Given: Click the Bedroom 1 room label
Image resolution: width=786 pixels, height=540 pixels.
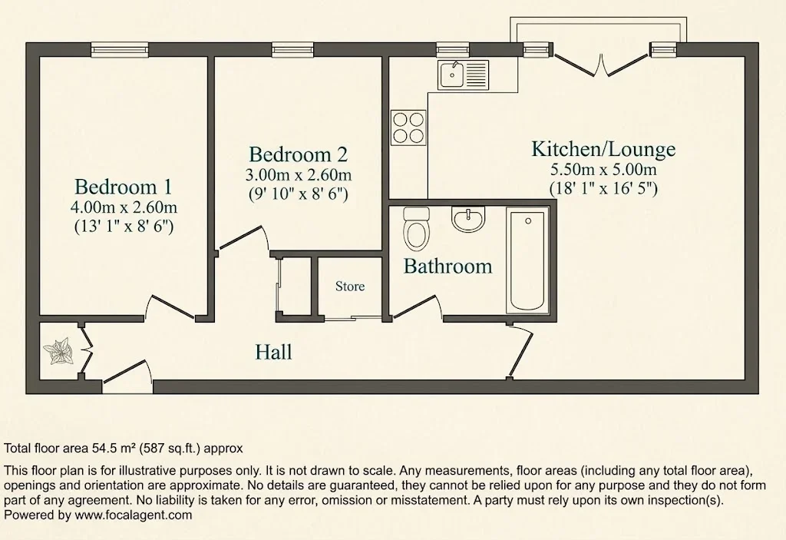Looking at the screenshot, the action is coord(123,187).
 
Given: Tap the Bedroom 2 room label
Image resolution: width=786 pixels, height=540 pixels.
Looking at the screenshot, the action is coord(299,154).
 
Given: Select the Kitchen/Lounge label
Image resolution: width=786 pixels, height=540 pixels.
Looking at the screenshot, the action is coord(603,149).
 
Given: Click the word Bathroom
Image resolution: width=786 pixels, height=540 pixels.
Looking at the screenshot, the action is coord(447,266).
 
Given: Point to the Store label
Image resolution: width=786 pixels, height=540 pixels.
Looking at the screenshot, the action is coord(350,287).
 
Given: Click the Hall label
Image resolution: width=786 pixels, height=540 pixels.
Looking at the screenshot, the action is coord(274,352).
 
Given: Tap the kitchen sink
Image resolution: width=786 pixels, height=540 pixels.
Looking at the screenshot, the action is coord(463,75).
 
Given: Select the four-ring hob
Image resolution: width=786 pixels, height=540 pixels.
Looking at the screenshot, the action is coord(408,128).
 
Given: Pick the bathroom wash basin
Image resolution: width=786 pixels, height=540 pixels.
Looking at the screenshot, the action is coord(469,220).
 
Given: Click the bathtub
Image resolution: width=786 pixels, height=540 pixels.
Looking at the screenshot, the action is coord(527,260).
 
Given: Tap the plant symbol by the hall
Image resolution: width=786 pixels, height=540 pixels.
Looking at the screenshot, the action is coord(58,352).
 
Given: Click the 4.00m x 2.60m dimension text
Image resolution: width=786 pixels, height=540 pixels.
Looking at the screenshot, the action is coord(124,207).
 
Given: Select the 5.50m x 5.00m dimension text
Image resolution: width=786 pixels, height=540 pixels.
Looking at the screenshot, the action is coord(603,169).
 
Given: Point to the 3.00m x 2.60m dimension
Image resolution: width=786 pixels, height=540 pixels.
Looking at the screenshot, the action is coord(299,174).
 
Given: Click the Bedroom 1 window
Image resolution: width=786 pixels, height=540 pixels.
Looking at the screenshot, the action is coord(120,49).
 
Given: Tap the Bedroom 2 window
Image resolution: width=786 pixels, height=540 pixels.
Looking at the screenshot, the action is coord(292,49).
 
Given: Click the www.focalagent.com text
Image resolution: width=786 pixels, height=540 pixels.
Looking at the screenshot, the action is coord(134,515).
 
